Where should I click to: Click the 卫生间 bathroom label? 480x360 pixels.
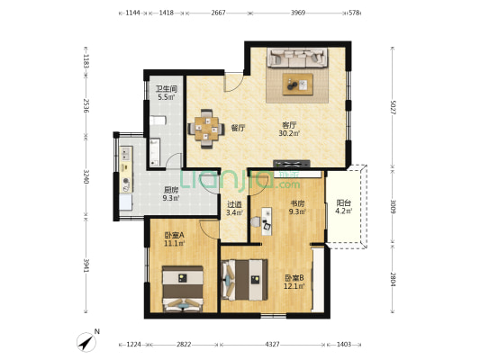[166, 89]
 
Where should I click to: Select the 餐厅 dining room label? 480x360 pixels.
[238, 128]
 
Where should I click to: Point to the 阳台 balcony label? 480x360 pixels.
[343, 204]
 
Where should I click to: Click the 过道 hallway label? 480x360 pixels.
[234, 204]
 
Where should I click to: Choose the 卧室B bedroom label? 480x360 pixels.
[294, 277]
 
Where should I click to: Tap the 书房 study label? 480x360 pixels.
[297, 204]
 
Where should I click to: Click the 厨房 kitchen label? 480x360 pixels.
[170, 190]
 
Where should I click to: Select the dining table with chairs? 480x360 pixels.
[207, 129]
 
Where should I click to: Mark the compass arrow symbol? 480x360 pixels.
[86, 343]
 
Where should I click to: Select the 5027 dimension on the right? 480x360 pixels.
[394, 108]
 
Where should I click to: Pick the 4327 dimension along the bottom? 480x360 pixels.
[272, 344]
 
